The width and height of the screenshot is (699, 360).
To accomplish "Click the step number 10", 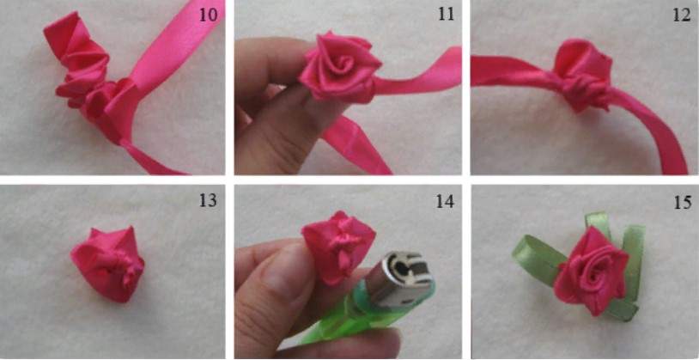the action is pyautogui.click(x=208, y=15).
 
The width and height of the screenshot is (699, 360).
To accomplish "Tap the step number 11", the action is pyautogui.click(x=446, y=15).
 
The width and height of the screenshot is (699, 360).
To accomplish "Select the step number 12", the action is pyautogui.click(x=682, y=15).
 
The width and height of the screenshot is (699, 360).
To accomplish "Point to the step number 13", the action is pyautogui.click(x=208, y=201).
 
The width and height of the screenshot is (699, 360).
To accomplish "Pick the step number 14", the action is pyautogui.click(x=446, y=201).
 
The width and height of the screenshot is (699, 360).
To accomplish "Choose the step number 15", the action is pyautogui.click(x=682, y=202).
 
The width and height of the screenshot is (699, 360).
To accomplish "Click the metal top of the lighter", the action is pyautogui.click(x=399, y=279).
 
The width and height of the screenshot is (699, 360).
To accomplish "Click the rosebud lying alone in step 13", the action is pyautogui.click(x=108, y=264).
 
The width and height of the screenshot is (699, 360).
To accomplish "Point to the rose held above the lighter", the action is pyautogui.click(x=339, y=247).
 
